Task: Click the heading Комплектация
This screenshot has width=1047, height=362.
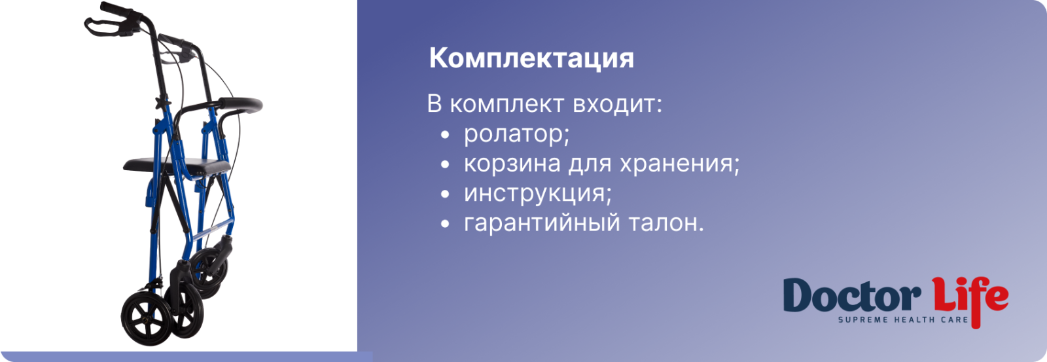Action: (x=531, y=59)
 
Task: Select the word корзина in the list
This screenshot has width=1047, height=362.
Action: (x=512, y=164)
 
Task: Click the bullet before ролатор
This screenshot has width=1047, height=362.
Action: (x=445, y=135)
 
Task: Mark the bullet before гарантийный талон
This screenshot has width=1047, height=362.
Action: (x=445, y=224)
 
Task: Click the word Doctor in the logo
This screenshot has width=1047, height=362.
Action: (x=852, y=296)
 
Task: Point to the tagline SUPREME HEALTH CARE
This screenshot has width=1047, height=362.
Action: (x=903, y=320)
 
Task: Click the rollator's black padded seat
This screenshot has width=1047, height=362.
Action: (x=177, y=165)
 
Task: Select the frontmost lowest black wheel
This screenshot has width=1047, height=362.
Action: (x=142, y=318)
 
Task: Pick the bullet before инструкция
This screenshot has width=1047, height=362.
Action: (x=445, y=194)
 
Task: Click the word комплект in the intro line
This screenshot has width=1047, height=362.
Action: (x=506, y=104)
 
